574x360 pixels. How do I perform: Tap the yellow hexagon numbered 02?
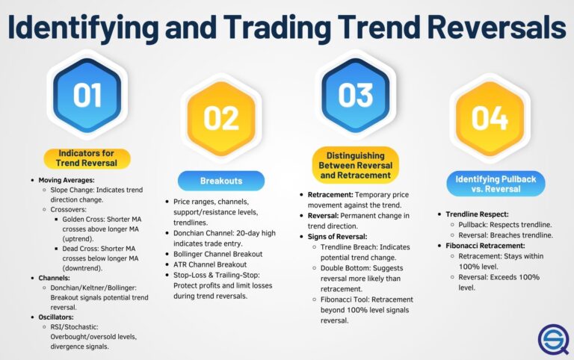pyautogui.click(x=220, y=118)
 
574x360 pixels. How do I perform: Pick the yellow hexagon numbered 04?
pyautogui.click(x=490, y=118)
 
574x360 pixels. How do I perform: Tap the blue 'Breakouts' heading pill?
pyautogui.click(x=220, y=181)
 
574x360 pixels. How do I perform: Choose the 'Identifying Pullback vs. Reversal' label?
pyautogui.click(x=490, y=183)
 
